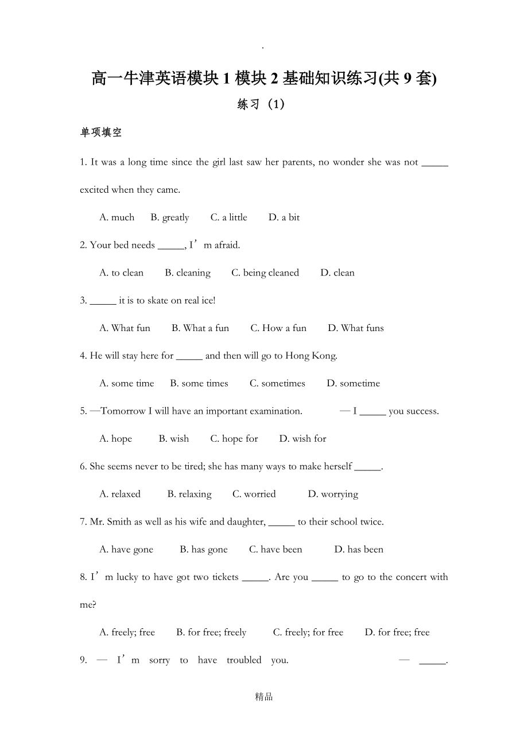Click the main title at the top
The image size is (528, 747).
click(264, 79)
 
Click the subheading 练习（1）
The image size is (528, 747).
click(261, 104)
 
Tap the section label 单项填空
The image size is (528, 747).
click(101, 133)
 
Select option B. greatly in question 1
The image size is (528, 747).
click(170, 217)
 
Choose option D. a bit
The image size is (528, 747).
click(284, 217)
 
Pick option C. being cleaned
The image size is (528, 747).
click(265, 273)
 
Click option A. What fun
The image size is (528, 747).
click(125, 328)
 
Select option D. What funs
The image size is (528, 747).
click(356, 328)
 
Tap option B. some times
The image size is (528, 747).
click(199, 383)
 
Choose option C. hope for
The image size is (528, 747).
click(234, 439)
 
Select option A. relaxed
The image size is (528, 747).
click(120, 494)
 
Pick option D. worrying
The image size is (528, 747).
click(333, 494)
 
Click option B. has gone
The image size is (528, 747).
click(204, 550)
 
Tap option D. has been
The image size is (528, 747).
click(359, 550)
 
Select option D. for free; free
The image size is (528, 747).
click(397, 632)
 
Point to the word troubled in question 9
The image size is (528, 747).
click(244, 660)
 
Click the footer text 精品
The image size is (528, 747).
click(264, 697)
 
